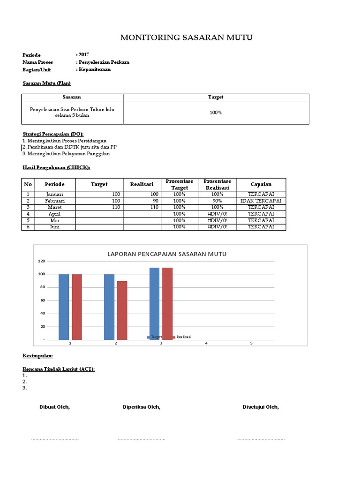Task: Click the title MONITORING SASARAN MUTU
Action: [186, 38]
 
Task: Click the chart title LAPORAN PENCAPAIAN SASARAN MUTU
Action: [167, 254]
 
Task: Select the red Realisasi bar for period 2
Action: [122, 310]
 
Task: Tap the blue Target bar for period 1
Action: [64, 307]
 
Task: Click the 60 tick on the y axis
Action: [42, 300]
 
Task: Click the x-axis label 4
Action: [206, 343]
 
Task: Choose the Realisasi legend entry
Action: [183, 337]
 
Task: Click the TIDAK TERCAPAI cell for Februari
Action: [261, 201]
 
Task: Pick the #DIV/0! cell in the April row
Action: [217, 214]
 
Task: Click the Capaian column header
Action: [261, 184]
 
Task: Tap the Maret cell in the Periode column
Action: [55, 207]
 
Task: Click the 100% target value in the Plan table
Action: [216, 112]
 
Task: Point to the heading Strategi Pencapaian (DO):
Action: [56, 134]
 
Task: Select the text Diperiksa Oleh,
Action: [142, 407]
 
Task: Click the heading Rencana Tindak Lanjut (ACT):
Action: [59, 369]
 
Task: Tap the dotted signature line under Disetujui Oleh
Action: [261, 439]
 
